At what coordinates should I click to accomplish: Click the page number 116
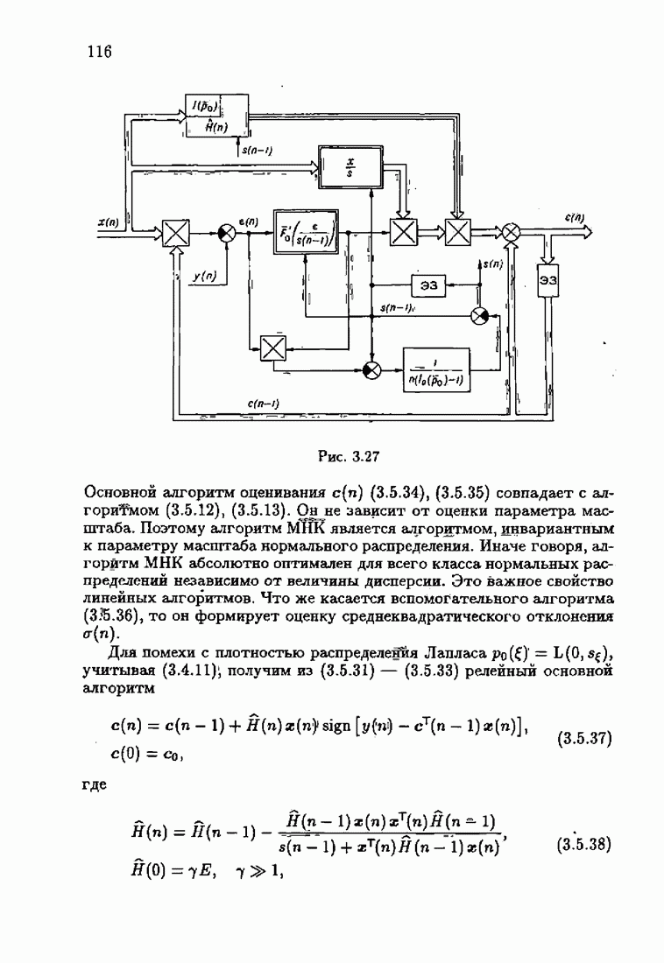pos(101,51)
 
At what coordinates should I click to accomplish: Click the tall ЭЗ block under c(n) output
pos(549,280)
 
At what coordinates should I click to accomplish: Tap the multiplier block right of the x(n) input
pos(177,233)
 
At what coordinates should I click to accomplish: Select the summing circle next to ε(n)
pos(227,233)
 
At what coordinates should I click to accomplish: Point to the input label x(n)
pos(109,223)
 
